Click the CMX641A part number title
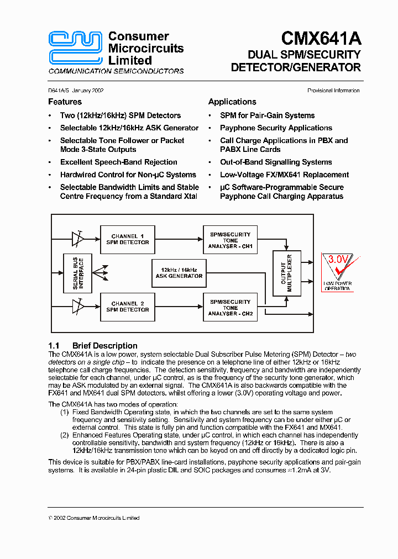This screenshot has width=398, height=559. click(x=321, y=39)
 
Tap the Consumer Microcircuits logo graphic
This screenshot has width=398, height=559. click(x=76, y=48)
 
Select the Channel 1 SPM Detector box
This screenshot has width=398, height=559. click(x=128, y=239)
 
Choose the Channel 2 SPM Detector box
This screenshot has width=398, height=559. click(x=128, y=307)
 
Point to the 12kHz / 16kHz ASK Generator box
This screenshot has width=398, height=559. click(x=179, y=272)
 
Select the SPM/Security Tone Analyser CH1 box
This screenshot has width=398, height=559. click(x=230, y=240)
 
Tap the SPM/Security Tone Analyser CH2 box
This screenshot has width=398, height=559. click(x=230, y=307)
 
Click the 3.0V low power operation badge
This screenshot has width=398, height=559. click(x=337, y=272)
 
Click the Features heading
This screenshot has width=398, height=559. click(x=65, y=102)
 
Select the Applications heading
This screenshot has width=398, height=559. click(x=232, y=102)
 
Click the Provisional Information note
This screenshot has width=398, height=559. click(x=333, y=91)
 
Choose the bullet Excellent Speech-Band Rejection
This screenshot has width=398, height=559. click(x=118, y=162)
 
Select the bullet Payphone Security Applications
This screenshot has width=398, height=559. click(x=276, y=128)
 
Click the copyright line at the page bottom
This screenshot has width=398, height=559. click(x=94, y=518)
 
